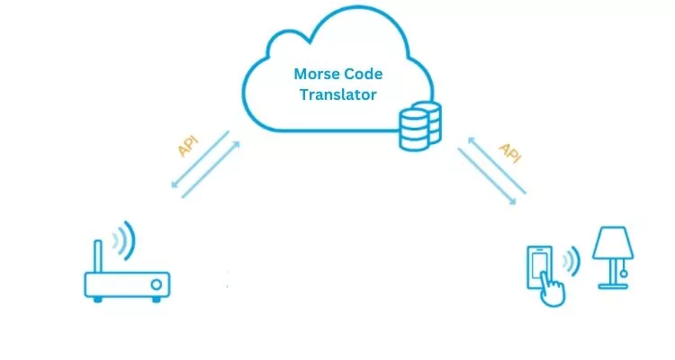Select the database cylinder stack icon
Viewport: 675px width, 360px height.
click(x=419, y=126)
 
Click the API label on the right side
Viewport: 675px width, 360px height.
click(x=509, y=153)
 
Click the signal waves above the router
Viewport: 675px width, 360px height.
click(x=124, y=239)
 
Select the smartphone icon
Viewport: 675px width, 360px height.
click(x=537, y=268)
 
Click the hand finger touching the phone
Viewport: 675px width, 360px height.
click(x=552, y=291)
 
